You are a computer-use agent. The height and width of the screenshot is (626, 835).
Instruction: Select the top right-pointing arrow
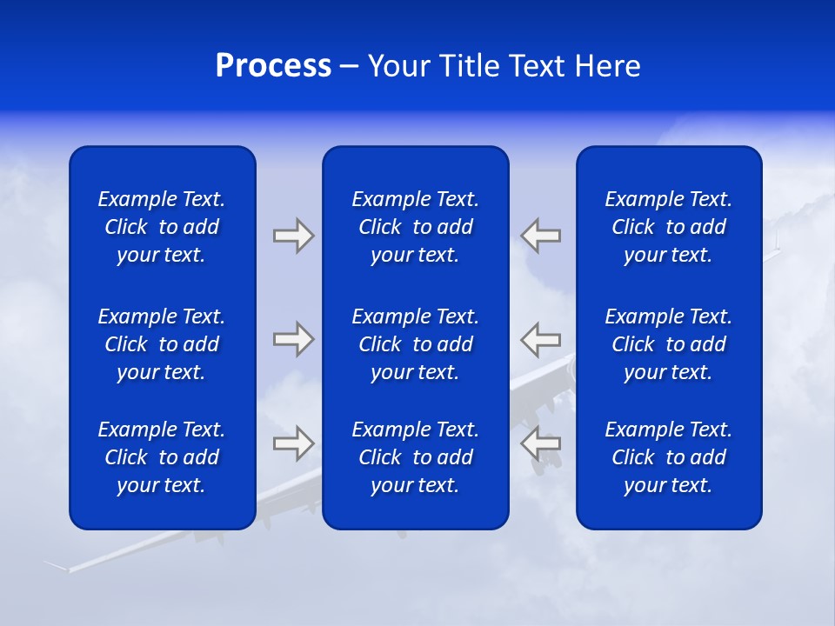tap(293, 236)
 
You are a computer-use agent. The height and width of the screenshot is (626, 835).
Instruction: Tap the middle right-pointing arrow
tap(293, 338)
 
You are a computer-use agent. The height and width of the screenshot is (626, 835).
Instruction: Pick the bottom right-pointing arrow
tap(293, 443)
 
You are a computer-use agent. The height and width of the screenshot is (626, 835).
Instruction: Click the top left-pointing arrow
tap(541, 236)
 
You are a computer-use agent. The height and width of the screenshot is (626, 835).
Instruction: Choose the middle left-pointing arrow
tap(541, 338)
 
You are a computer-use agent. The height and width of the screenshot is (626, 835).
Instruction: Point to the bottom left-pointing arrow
tap(541, 443)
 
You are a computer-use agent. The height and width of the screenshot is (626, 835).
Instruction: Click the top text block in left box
tap(162, 227)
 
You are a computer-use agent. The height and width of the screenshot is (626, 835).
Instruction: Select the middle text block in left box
tap(162, 344)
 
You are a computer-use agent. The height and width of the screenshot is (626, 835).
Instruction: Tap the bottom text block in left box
tap(162, 457)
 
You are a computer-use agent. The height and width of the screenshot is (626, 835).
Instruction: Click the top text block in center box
tap(415, 227)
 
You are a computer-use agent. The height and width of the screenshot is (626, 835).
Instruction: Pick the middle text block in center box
tap(415, 344)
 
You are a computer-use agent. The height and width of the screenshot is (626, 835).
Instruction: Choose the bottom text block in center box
tap(415, 457)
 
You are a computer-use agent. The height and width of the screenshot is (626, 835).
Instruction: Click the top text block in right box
tap(668, 227)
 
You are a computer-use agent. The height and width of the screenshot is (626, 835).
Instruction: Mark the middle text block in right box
tap(668, 344)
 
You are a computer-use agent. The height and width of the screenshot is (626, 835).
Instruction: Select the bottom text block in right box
tap(668, 457)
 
